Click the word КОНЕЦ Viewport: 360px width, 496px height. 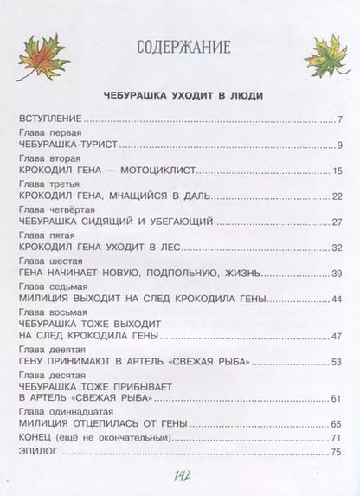point(34,438)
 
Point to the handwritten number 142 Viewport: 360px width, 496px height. point(181,477)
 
